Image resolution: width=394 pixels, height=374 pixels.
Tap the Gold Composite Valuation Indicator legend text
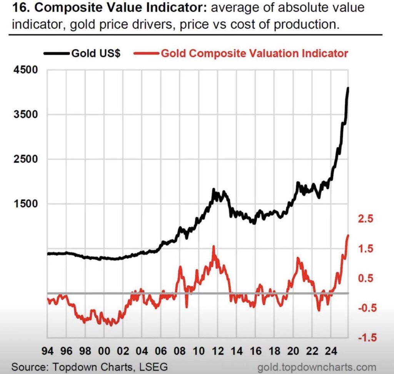(254, 53)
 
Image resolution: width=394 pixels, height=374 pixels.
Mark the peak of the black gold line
(348, 88)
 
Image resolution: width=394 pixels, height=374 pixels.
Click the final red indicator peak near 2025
(348, 235)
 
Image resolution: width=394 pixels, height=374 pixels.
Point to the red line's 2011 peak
(214, 246)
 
